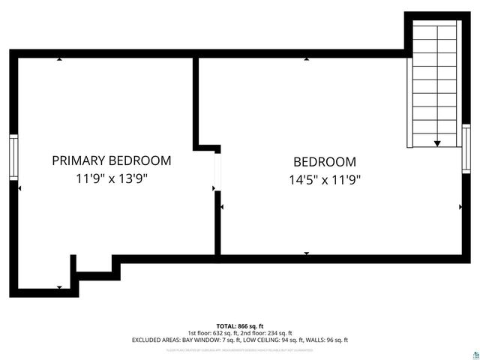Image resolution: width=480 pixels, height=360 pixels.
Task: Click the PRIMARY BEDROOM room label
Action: (x=111, y=160)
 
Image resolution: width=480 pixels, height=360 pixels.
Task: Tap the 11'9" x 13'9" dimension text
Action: (x=111, y=179)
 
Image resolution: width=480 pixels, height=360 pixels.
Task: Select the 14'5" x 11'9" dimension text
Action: (x=325, y=180)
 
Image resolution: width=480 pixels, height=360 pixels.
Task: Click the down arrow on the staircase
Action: (x=437, y=142)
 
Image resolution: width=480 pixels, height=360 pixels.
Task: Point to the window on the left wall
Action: (x=13, y=157)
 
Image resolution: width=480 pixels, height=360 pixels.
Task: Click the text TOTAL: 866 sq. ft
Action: (x=240, y=325)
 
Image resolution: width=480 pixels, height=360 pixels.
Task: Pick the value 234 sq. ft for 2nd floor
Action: (x=279, y=333)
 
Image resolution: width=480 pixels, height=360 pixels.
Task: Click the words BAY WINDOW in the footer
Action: (x=187, y=340)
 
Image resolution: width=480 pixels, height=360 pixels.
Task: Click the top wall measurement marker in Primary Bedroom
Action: (x=59, y=58)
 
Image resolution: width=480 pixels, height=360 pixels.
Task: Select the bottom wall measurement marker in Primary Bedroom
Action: (x=59, y=286)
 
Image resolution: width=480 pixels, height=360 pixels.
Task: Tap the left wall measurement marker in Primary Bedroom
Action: (x=19, y=188)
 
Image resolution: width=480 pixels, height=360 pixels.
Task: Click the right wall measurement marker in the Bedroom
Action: (x=460, y=205)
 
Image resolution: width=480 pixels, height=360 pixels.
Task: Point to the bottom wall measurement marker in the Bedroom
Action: (x=306, y=253)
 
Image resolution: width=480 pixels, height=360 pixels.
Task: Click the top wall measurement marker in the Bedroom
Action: (x=306, y=58)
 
